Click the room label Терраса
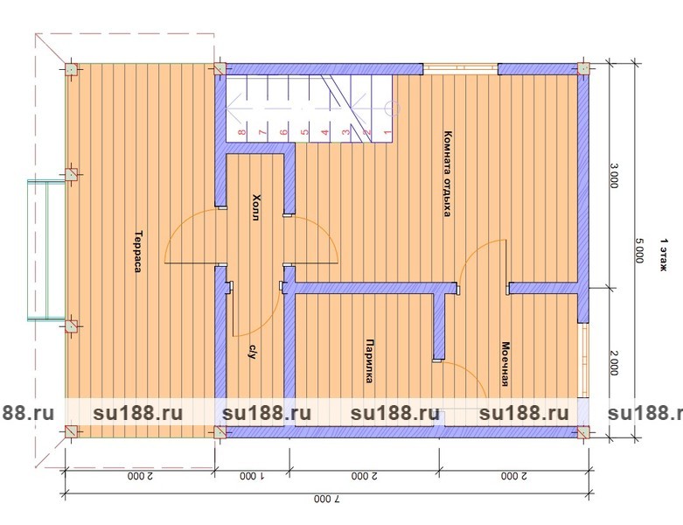(137, 251)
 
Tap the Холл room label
(256, 207)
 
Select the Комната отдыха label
(447, 173)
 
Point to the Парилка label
(369, 360)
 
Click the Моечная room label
(505, 364)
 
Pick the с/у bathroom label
(252, 350)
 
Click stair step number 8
(242, 131)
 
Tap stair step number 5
(305, 131)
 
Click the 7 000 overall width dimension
(327, 499)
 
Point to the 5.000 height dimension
(638, 250)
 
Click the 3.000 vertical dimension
(613, 176)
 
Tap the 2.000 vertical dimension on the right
(613, 363)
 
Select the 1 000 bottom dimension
(252, 476)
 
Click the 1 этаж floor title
(664, 255)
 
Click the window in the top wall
(460, 67)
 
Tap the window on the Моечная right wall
(583, 360)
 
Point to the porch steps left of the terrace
(46, 250)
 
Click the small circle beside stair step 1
(392, 108)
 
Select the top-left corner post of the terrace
(72, 69)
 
